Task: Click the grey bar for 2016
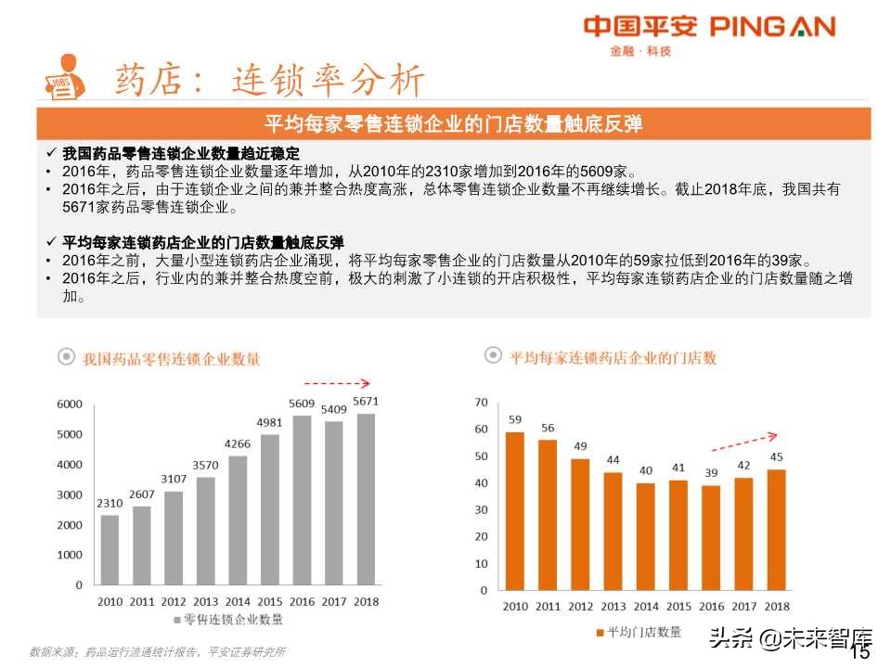click(x=302, y=500)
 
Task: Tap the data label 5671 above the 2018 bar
click(x=366, y=402)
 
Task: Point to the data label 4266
click(x=238, y=443)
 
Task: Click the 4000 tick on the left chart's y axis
click(x=70, y=465)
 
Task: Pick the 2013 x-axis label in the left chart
click(x=205, y=602)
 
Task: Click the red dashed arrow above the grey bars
click(x=337, y=382)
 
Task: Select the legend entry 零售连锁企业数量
click(x=232, y=620)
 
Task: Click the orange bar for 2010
click(x=514, y=510)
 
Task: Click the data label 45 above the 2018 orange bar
click(x=776, y=456)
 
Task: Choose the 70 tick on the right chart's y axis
click(x=480, y=403)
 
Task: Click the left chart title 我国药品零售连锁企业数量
click(x=171, y=358)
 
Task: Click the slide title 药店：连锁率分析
click(x=268, y=81)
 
